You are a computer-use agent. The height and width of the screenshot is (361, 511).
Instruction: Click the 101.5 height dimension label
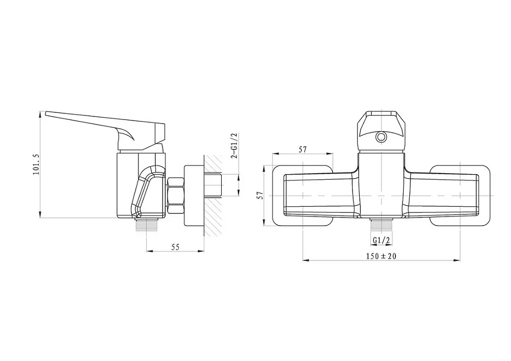click(36, 164)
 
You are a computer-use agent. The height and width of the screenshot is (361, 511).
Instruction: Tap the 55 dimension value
click(175, 247)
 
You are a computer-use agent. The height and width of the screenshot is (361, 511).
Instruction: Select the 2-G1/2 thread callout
click(234, 146)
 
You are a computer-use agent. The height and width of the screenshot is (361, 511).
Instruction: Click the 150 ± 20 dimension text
click(381, 256)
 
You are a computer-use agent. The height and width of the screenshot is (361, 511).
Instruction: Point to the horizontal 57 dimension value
click(303, 150)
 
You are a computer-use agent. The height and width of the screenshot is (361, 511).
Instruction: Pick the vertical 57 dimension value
click(260, 195)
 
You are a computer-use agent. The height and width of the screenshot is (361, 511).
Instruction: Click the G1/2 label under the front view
click(381, 240)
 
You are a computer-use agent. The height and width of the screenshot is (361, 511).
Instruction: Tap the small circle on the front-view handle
click(380, 137)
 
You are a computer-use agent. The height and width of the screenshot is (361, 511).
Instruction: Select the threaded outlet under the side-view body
click(146, 225)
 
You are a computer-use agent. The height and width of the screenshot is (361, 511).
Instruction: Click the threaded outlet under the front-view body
click(381, 225)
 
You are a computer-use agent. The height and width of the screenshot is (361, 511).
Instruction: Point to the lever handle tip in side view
click(46, 113)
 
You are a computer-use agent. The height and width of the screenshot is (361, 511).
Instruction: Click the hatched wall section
click(214, 196)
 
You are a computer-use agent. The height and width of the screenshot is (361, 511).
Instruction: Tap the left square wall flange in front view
click(303, 196)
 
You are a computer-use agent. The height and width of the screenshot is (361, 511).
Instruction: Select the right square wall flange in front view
click(460, 196)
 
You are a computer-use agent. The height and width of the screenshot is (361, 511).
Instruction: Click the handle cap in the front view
click(381, 132)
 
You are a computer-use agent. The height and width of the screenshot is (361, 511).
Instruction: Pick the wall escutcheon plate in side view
click(194, 196)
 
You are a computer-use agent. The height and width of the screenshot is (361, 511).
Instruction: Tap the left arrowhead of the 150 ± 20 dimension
click(306, 260)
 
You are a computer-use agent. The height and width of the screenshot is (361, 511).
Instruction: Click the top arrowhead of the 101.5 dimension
click(40, 114)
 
